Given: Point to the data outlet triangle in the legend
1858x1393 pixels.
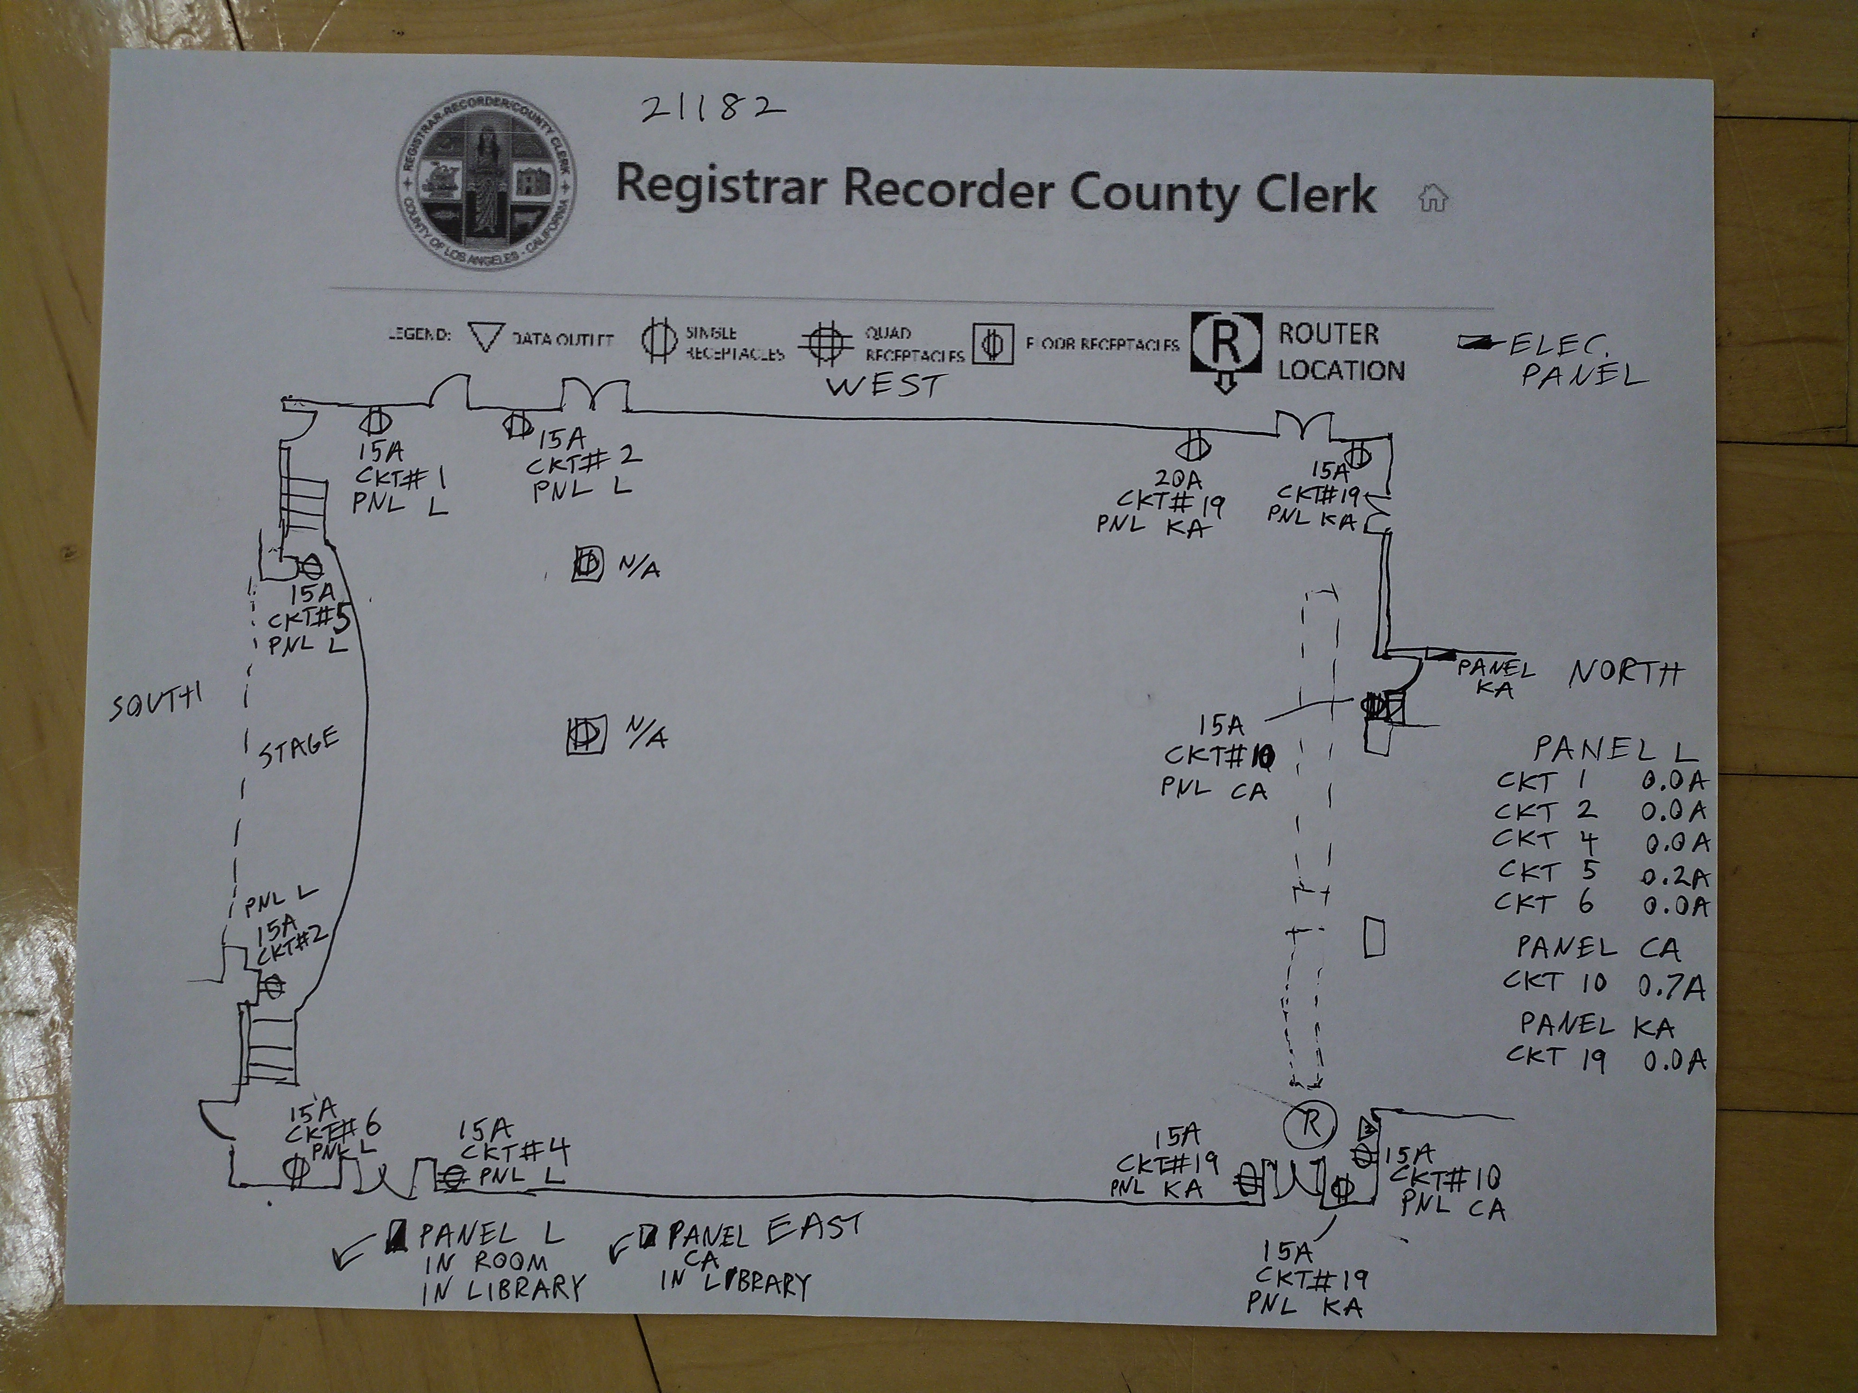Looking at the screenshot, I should tap(484, 338).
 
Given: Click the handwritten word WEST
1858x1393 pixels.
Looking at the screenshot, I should tap(885, 385).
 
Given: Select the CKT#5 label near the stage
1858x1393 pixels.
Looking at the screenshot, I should tap(307, 620).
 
